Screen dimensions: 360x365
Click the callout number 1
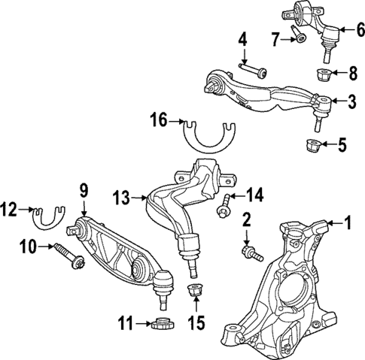pos(347,222)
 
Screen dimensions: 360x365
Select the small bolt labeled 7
pos(300,38)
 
